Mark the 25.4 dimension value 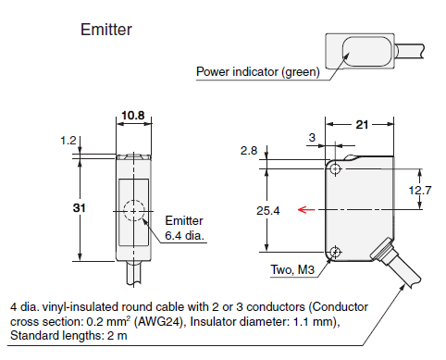[x=268, y=211]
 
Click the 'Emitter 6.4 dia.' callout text [x=184, y=228]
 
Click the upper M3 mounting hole [x=334, y=170]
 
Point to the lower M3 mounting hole [x=334, y=252]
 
